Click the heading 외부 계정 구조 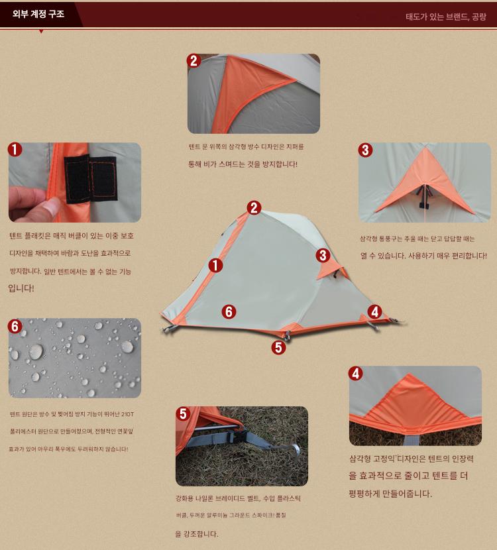(38, 14)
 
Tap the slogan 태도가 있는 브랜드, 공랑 (446, 17)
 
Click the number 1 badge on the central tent (216, 266)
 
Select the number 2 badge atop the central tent (254, 207)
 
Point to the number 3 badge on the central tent (323, 255)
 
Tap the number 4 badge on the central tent (374, 311)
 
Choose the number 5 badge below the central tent (278, 347)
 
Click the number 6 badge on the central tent (229, 311)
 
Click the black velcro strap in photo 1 (91, 179)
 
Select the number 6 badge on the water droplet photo (15, 326)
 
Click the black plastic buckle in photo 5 (237, 437)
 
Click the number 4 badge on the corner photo (355, 374)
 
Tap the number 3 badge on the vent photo (365, 150)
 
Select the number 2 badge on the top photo (193, 61)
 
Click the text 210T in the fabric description (127, 414)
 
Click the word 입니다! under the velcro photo (21, 288)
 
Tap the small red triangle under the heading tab (41, 32)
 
